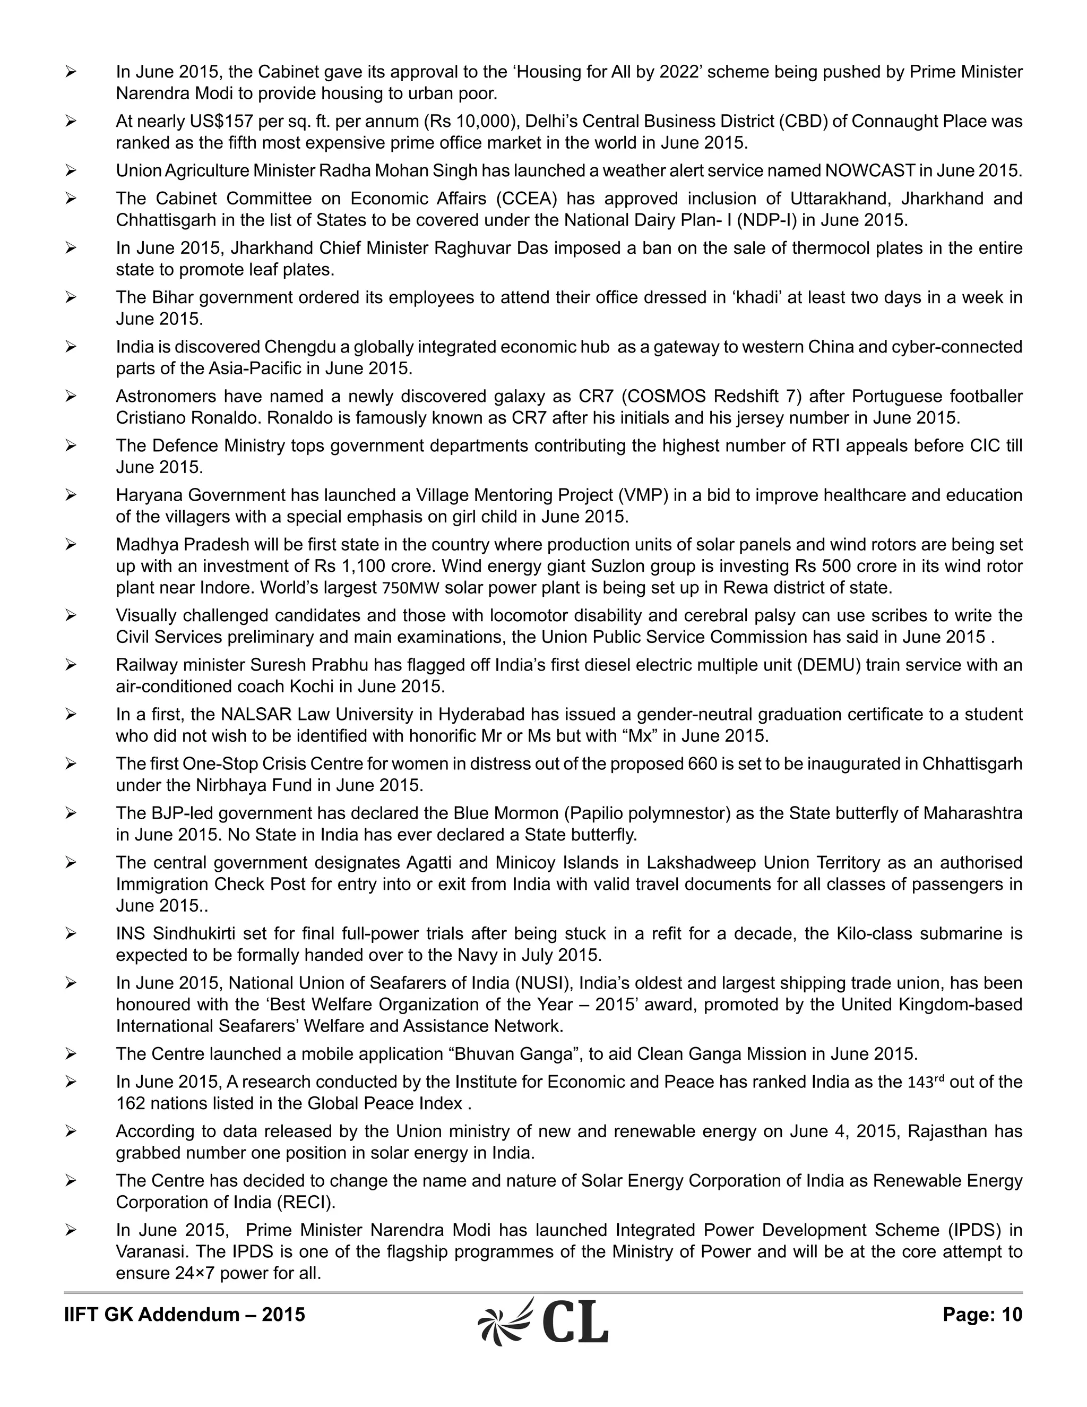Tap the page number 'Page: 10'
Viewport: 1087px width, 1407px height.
pos(982,1315)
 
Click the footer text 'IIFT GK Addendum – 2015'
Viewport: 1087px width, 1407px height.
pos(184,1315)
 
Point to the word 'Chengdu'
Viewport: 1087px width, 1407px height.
pos(299,347)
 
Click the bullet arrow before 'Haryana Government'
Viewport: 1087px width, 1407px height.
pos(71,495)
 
